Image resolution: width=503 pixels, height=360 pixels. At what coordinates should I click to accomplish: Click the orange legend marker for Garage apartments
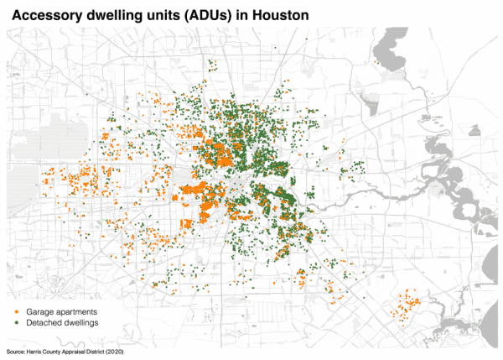pyautogui.click(x=17, y=311)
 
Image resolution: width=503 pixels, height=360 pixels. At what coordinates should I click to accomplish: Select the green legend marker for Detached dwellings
pyautogui.click(x=17, y=323)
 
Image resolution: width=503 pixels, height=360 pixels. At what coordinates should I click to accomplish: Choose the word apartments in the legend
pyautogui.click(x=80, y=311)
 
